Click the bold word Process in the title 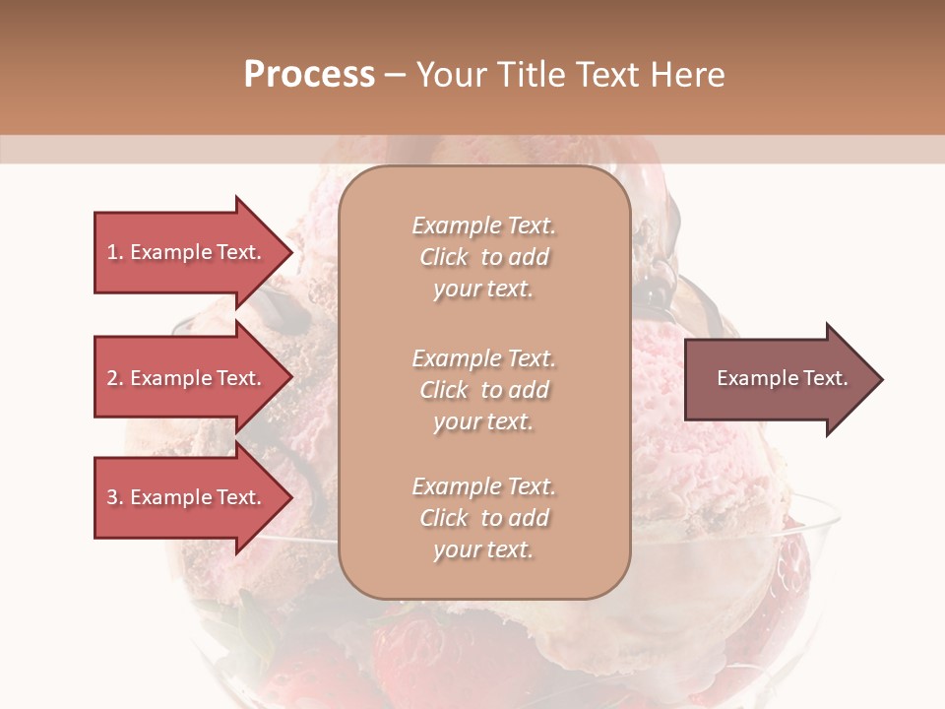(x=309, y=75)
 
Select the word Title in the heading (x=530, y=75)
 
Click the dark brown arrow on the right (x=778, y=378)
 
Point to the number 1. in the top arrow (x=115, y=252)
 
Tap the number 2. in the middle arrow (x=115, y=378)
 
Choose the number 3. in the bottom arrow (x=115, y=497)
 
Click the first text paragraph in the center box (x=483, y=257)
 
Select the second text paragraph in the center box (x=483, y=389)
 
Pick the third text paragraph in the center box (x=483, y=518)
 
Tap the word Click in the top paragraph (x=444, y=257)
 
